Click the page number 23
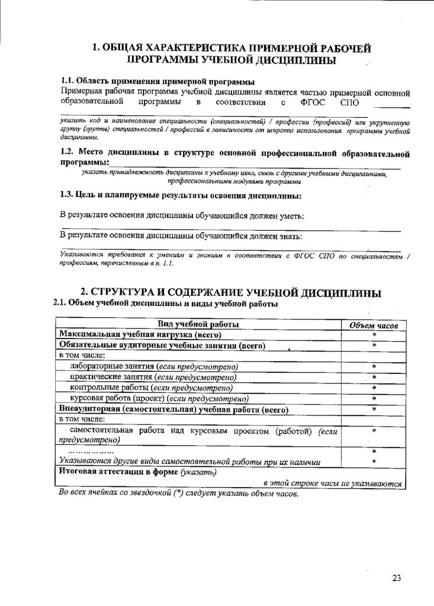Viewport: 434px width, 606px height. pyautogui.click(x=397, y=578)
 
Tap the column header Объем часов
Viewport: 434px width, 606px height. pyautogui.click(x=374, y=325)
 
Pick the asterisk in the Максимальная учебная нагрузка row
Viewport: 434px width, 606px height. pyautogui.click(x=374, y=336)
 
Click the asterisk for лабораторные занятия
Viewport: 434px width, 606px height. pyautogui.click(x=374, y=367)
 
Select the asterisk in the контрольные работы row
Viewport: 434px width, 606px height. pyautogui.click(x=374, y=388)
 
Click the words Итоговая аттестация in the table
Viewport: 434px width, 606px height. pyautogui.click(x=101, y=472)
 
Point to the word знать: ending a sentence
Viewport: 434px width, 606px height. pyautogui.click(x=290, y=236)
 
